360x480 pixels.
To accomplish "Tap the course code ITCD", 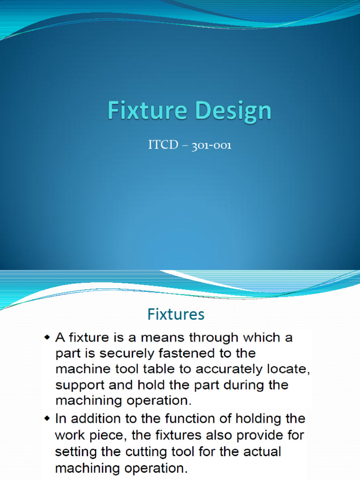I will point(163,145).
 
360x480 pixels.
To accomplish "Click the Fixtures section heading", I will point(176,314).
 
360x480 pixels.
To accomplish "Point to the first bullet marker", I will point(47,337).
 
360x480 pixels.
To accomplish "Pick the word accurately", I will point(223,369).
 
